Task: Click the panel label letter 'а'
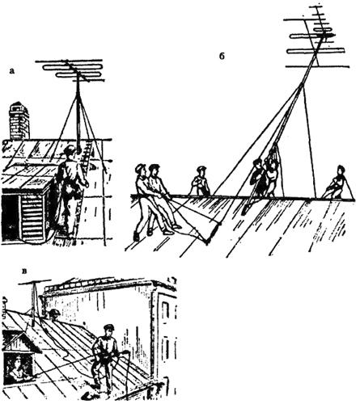click(11, 71)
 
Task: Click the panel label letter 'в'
click(25, 271)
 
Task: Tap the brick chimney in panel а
click(19, 120)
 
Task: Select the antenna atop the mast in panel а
click(70, 70)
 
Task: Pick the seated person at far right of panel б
click(337, 183)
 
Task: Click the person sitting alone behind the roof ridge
click(201, 181)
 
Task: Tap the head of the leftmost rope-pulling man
click(141, 170)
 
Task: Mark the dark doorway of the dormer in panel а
click(11, 217)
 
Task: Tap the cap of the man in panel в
click(108, 327)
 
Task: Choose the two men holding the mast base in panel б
click(264, 177)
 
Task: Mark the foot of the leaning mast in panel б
click(244, 213)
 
